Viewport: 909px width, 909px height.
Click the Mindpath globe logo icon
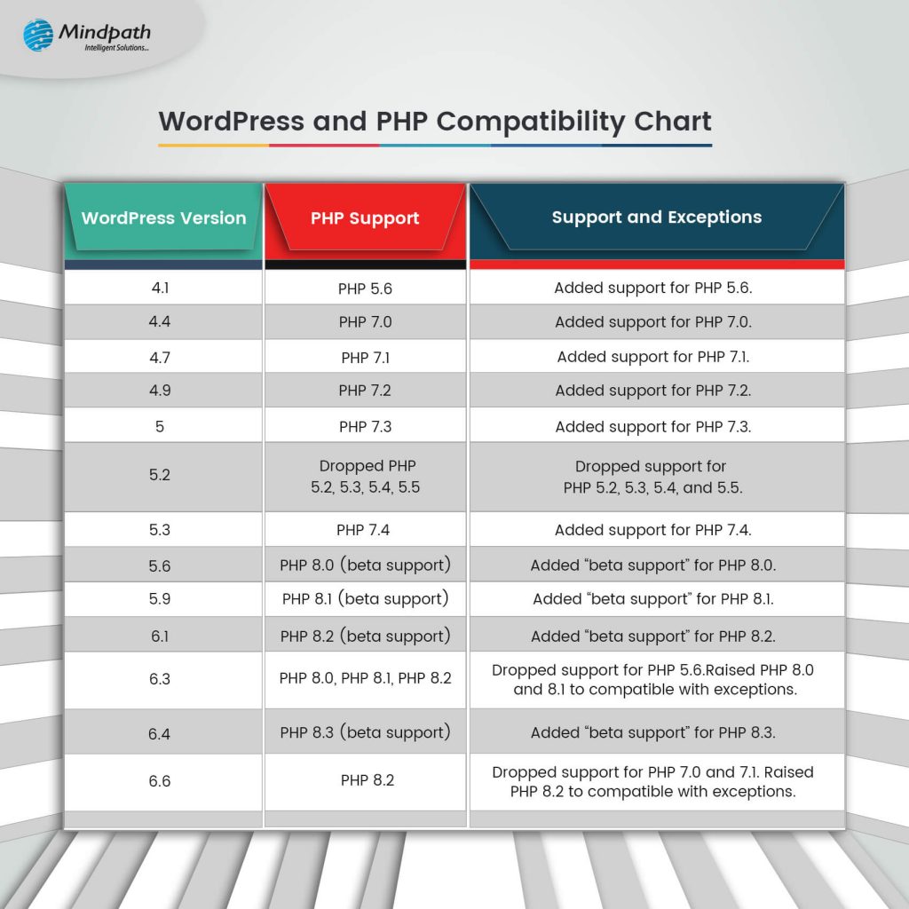click(38, 36)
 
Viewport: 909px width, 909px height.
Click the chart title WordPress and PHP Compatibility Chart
click(435, 122)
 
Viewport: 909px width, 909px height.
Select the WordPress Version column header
click(163, 218)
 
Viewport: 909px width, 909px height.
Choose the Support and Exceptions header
click(656, 217)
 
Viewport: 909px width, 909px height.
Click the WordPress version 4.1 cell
click(161, 288)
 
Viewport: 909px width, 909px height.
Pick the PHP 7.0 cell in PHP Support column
click(365, 322)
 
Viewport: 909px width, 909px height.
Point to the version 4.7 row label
click(161, 357)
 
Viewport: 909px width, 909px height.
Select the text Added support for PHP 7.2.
click(653, 391)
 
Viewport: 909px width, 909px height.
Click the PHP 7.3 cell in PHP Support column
click(365, 427)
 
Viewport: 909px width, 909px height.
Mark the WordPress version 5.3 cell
click(160, 530)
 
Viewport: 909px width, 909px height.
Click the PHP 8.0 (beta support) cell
click(365, 565)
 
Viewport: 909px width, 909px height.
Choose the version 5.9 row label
click(160, 599)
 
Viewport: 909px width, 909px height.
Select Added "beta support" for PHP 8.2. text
click(653, 636)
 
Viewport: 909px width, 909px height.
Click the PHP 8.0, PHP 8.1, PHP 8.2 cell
click(365, 679)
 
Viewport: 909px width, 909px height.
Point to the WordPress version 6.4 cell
click(160, 733)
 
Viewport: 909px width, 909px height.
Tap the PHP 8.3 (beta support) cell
click(365, 732)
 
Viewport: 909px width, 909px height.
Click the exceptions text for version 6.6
click(653, 782)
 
